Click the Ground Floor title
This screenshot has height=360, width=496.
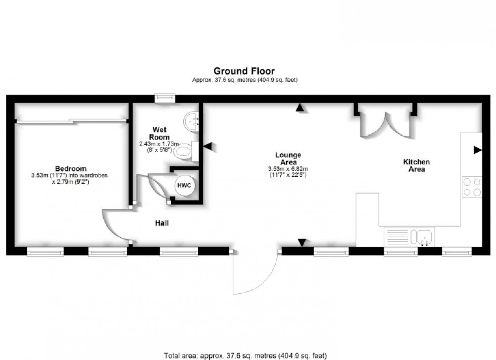pos(244,71)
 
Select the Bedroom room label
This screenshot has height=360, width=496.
pos(70,169)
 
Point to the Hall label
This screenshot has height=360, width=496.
pos(162,222)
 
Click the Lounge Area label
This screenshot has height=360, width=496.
pos(288,158)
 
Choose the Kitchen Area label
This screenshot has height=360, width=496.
pos(417,165)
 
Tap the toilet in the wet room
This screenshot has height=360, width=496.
pos(187,151)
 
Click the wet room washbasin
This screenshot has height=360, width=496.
pos(193,121)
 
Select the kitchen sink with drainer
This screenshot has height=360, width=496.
pos(409,236)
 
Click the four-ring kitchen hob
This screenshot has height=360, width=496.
pos(472,187)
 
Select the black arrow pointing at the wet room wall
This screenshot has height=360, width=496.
pos(208,147)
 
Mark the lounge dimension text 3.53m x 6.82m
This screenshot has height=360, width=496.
pos(288,169)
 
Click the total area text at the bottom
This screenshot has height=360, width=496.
pos(248,355)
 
